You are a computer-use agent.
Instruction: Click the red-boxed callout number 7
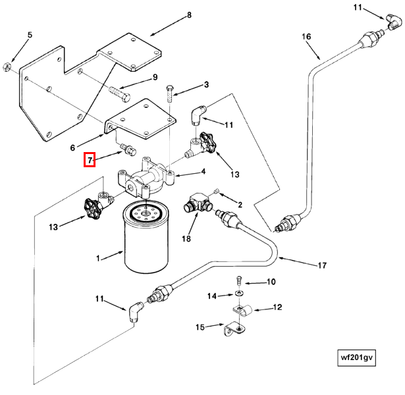click(90, 160)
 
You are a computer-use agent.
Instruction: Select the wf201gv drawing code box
click(356, 358)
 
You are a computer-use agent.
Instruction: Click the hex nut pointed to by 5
click(7, 67)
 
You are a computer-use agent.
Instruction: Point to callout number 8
click(189, 15)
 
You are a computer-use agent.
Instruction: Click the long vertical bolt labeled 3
click(170, 93)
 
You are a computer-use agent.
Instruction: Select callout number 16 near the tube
click(306, 36)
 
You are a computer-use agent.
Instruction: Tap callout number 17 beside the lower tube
click(322, 265)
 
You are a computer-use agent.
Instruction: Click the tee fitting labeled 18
click(198, 202)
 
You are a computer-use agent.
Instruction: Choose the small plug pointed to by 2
click(217, 191)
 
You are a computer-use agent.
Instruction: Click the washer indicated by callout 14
click(237, 293)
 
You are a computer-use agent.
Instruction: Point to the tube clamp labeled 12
click(243, 309)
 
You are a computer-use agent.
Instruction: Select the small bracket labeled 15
click(234, 329)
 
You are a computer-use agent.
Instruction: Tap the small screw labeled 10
click(240, 280)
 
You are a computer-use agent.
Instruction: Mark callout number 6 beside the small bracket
click(72, 147)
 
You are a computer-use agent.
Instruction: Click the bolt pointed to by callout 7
click(128, 149)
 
